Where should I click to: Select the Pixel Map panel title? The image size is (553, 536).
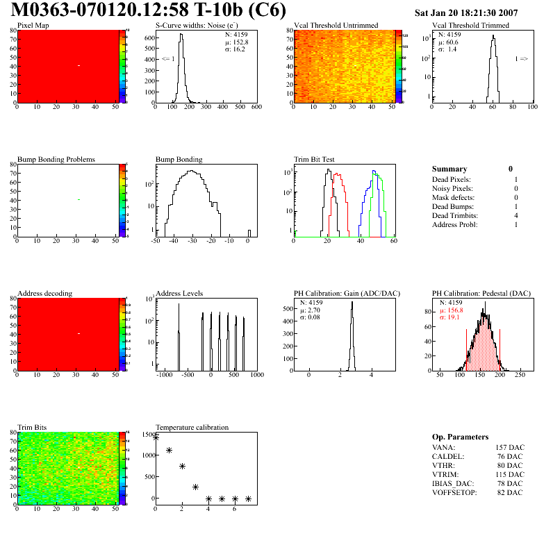tap(33, 26)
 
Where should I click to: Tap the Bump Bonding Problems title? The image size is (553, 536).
tap(56, 160)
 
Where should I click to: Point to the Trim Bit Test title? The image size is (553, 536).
tap(315, 160)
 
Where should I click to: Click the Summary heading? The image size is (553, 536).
tap(449, 169)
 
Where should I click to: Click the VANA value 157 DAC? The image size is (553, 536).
tap(505, 446)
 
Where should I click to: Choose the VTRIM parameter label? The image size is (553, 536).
tap(445, 474)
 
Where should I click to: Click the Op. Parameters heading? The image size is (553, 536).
tap(460, 437)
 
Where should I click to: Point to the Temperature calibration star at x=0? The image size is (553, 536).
tap(156, 437)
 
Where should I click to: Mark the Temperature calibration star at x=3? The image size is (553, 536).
tap(195, 487)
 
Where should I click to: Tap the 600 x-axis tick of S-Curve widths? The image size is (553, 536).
tap(256, 107)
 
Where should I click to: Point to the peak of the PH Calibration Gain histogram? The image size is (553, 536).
tap(352, 302)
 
